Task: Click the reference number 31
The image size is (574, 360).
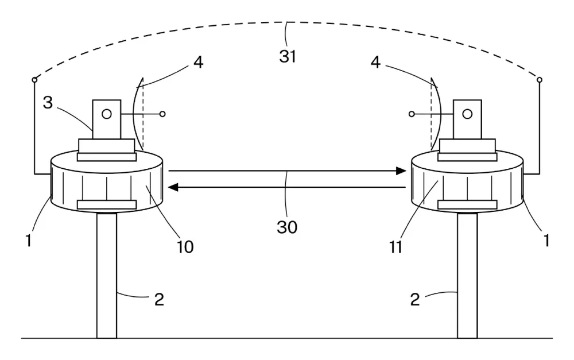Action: (x=288, y=56)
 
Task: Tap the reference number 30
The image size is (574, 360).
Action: (x=287, y=227)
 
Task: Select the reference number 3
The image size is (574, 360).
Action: (x=48, y=103)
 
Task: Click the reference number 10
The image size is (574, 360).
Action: (x=185, y=247)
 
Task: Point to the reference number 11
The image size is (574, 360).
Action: (x=396, y=247)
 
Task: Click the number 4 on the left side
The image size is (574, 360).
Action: (x=198, y=62)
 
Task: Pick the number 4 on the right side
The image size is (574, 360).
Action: (x=375, y=62)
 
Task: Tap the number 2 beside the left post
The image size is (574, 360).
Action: (x=159, y=300)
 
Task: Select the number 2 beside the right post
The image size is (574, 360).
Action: (x=415, y=300)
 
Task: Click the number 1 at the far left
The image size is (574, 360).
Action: (x=29, y=241)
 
